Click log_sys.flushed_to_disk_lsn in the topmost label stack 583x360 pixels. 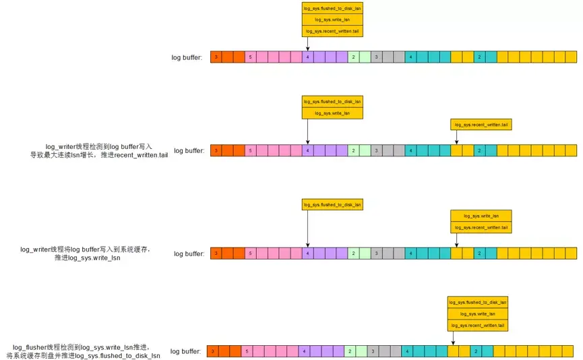332,8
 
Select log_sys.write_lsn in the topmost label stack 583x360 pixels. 332,20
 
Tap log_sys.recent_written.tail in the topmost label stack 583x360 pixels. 332,31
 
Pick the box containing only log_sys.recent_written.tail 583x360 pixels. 481,124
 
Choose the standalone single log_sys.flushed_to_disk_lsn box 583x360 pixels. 332,204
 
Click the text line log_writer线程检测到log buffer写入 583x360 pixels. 100,146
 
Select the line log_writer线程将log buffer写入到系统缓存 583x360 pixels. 86,249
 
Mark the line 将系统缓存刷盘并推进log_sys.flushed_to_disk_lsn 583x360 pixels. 83,355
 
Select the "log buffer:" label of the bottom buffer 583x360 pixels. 185,351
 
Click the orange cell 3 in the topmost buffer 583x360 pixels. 216,57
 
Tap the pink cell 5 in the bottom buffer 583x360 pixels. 247,351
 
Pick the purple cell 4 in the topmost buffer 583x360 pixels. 307,57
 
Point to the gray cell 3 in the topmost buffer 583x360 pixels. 376,57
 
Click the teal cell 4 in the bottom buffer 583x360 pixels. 407,351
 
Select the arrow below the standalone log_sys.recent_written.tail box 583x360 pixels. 456,138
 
